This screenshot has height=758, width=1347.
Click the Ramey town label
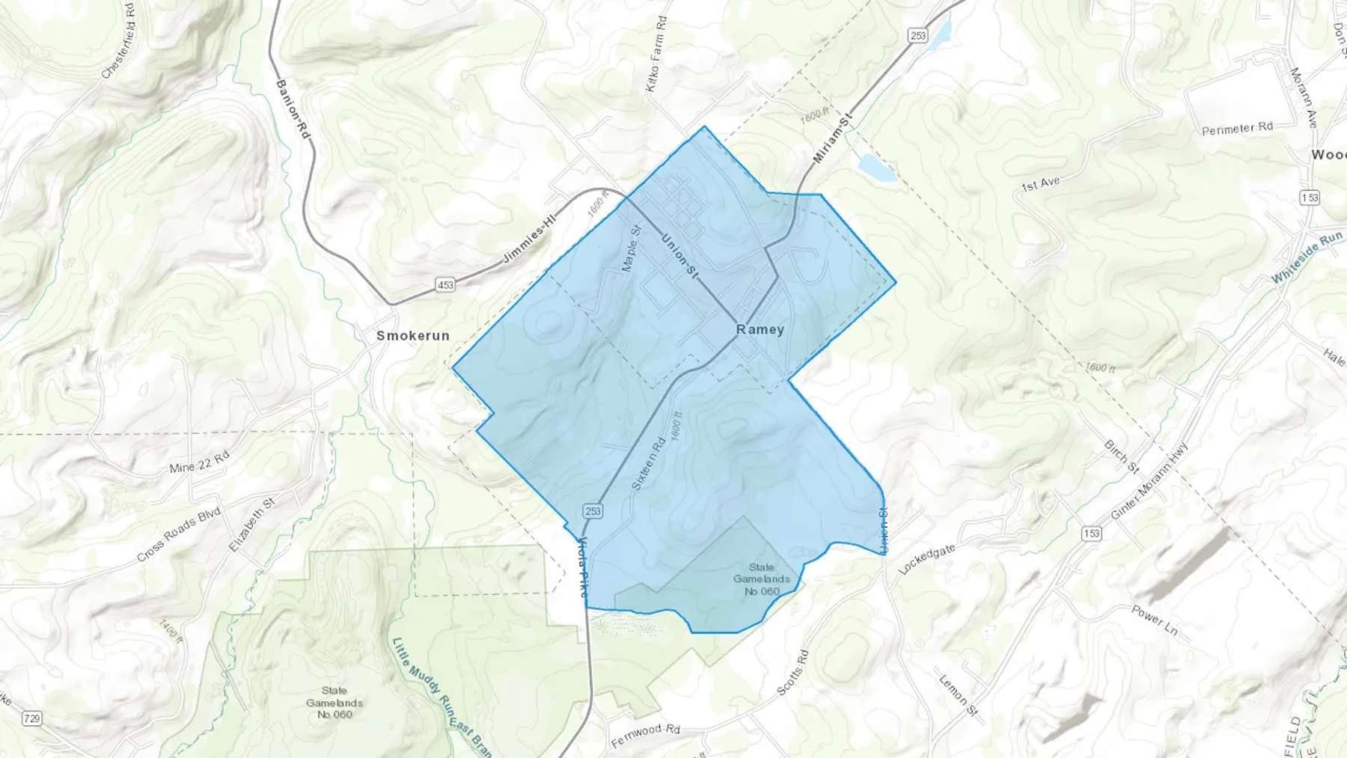tap(760, 329)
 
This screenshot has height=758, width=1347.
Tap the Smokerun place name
tap(413, 336)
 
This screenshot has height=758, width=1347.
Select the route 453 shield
tap(445, 284)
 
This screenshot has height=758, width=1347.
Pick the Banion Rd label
tap(293, 108)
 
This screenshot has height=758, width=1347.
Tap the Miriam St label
tap(833, 138)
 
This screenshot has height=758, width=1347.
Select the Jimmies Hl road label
tap(531, 237)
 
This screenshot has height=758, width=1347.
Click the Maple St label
tap(632, 248)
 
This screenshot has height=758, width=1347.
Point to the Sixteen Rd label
tap(648, 464)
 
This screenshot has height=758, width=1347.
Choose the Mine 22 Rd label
tap(199, 463)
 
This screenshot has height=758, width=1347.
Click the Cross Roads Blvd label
tap(179, 534)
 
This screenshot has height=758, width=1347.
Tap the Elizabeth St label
tap(252, 525)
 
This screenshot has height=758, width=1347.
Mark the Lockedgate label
tap(927, 560)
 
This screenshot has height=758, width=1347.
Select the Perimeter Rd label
tap(1237, 129)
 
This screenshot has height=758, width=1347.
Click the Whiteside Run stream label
tap(1307, 257)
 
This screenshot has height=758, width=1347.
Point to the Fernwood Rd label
tap(646, 735)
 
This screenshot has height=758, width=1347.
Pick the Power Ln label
tap(1155, 620)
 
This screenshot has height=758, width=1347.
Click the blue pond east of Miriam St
tap(876, 168)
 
